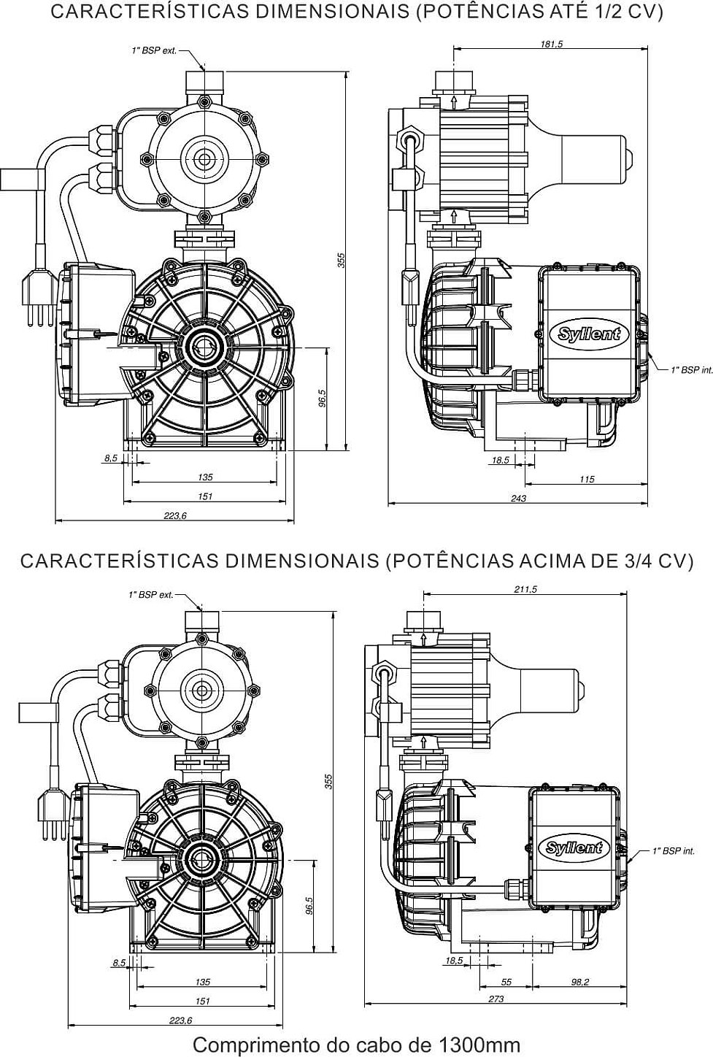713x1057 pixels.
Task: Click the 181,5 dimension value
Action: [x=552, y=44]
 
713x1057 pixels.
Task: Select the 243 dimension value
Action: [x=518, y=499]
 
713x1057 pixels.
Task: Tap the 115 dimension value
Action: [x=587, y=480]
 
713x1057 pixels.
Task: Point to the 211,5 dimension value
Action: [x=525, y=590]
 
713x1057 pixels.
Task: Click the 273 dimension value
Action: [x=496, y=999]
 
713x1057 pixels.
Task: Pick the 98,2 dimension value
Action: [x=579, y=983]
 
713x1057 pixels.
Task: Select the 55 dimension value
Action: [x=506, y=983]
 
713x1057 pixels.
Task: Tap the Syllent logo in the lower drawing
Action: [x=575, y=847]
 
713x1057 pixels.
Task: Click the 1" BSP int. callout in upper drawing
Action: [x=691, y=370]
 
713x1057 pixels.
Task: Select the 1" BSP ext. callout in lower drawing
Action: [x=151, y=595]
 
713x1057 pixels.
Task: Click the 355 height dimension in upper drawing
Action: [x=341, y=260]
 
